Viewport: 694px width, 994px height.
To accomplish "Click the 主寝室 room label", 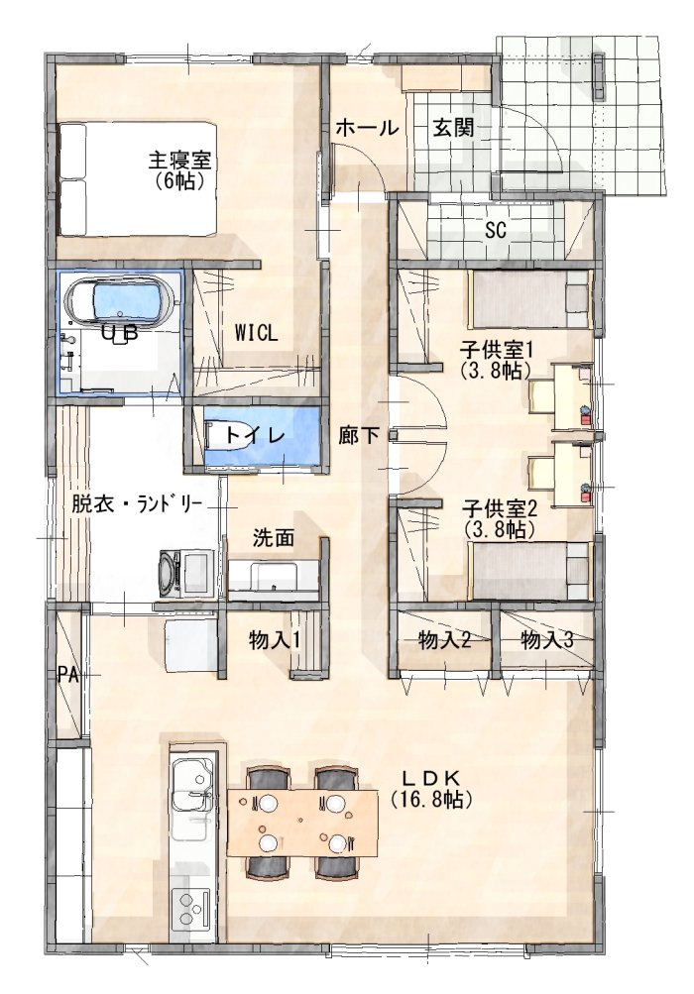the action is pos(179,160).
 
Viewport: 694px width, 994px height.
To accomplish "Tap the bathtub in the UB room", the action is pos(121,300).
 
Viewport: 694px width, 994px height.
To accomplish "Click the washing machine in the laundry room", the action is pos(186,573).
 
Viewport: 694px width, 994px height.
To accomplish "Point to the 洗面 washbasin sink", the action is pos(273,576).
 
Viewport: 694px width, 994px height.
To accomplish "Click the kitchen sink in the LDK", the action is pos(191,790).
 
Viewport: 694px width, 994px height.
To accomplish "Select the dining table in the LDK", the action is pos(302,823).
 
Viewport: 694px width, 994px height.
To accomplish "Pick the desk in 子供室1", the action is pos(573,397).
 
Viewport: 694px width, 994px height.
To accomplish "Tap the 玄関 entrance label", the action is pos(453,128).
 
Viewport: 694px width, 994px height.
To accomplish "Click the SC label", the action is pos(496,230).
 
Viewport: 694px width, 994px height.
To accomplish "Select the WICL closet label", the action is pos(257,333).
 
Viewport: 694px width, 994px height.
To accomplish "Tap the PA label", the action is pos(67,675).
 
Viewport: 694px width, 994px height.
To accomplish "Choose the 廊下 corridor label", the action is pos(359,435).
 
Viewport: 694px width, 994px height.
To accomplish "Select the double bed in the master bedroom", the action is pos(139,179).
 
